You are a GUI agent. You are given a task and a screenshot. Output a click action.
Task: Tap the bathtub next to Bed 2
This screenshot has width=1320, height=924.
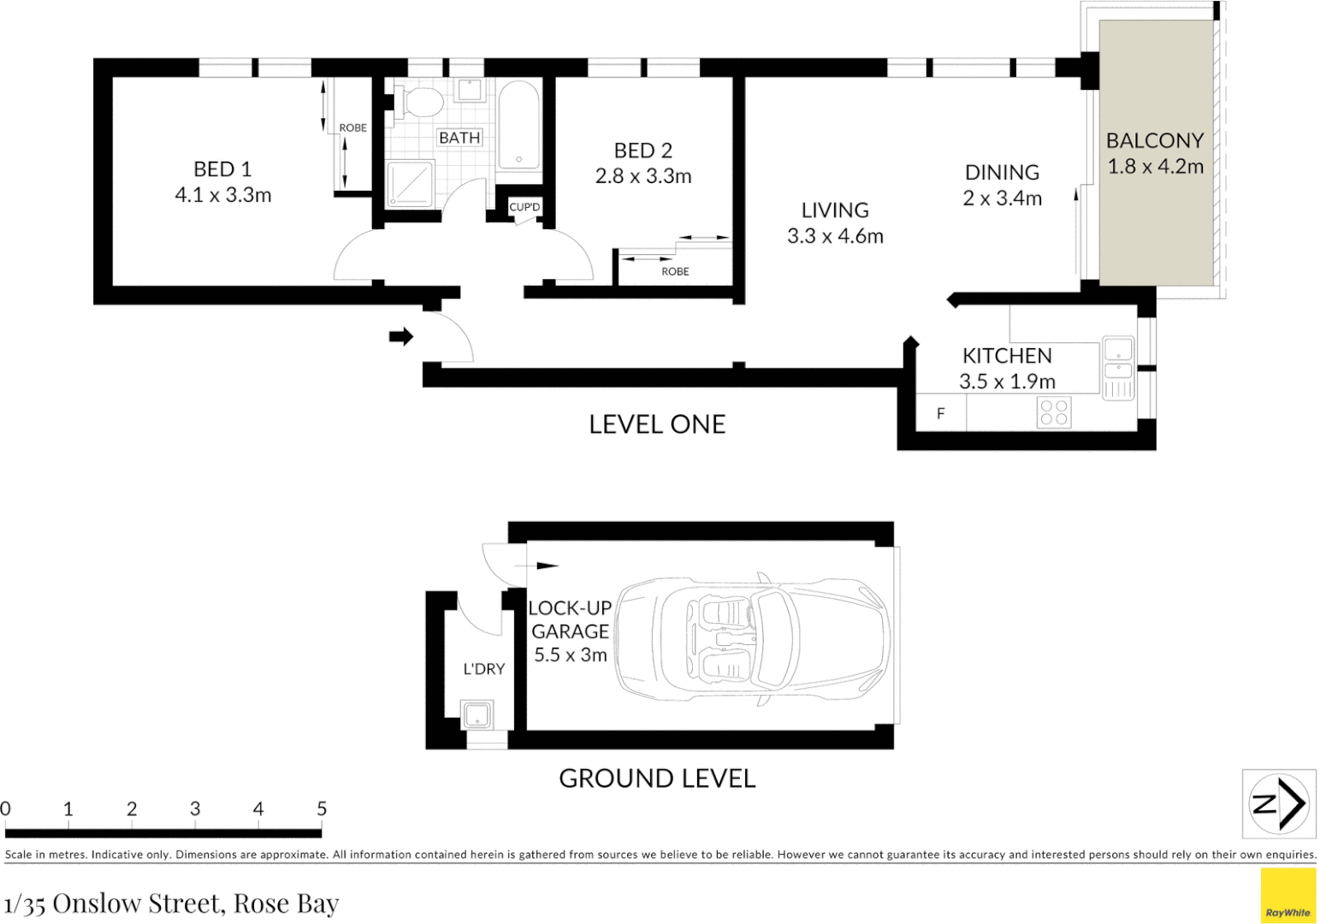coord(518,127)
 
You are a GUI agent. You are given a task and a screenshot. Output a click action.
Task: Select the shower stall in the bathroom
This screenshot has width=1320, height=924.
coord(411,184)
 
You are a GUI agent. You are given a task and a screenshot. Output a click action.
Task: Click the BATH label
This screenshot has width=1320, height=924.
coord(459,138)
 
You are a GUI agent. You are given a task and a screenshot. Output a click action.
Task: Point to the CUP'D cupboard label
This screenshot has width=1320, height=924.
coord(524,207)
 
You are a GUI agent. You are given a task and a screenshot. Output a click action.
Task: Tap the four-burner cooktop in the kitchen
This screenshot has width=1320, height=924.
coord(1053,412)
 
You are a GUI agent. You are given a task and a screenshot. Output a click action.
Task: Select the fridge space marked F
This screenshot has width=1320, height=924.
coord(940,413)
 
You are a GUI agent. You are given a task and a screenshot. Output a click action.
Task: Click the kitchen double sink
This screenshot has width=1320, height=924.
coord(1118,359)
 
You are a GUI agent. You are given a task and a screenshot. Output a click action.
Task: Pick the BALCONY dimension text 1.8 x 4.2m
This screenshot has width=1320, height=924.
coord(1155,167)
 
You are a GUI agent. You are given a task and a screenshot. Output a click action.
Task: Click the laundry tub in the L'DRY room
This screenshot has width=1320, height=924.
coord(477,714)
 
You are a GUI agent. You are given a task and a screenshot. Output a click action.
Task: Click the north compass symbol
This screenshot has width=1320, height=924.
coord(1279,803)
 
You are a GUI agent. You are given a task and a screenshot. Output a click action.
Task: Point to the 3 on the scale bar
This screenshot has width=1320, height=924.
coord(195,809)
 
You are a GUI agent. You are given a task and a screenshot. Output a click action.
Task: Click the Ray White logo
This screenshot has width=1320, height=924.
coord(1287,896)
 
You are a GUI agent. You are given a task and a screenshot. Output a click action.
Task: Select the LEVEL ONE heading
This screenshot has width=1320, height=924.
coord(657,424)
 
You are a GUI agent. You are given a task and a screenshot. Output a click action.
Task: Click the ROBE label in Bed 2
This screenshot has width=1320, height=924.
coord(675,271)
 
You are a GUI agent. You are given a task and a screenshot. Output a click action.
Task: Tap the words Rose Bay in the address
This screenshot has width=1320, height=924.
coord(286,903)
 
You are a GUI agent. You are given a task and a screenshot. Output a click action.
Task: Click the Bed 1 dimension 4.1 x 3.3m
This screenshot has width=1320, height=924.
coord(223,195)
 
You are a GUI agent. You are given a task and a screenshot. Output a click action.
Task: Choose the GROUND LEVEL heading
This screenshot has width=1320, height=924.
coord(657,779)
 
